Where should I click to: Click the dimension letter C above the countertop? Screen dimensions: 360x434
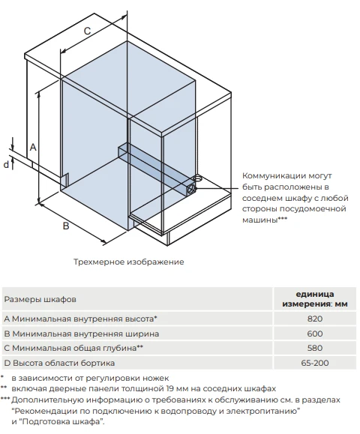87,31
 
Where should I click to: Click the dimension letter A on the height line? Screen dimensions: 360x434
33,147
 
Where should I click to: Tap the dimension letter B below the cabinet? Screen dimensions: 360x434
66,226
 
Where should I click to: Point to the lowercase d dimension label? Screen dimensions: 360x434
6,165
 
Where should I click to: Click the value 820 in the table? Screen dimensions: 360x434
315,319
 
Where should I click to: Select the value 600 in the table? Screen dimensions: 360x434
315,334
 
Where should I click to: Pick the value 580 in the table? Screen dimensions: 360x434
315,348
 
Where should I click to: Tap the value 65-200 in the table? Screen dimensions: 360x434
315,363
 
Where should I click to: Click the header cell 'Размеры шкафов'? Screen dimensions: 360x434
40,300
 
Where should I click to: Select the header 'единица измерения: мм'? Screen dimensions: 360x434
315,299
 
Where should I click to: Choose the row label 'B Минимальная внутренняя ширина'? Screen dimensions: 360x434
82,334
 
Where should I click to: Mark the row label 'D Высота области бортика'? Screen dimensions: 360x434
59,363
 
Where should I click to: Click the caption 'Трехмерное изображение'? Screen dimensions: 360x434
129,262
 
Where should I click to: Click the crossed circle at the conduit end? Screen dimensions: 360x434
191,190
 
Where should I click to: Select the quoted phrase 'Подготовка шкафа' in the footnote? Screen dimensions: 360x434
60,422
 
